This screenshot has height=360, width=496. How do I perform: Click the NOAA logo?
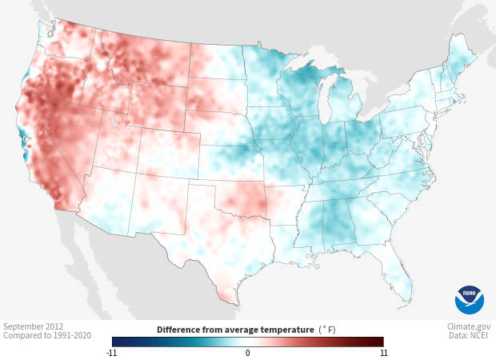pyautogui.click(x=469, y=299)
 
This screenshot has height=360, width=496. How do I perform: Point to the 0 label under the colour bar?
pyautogui.click(x=248, y=353)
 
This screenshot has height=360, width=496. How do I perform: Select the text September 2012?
pyautogui.click(x=34, y=326)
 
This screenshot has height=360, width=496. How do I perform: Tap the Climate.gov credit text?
pyautogui.click(x=469, y=326)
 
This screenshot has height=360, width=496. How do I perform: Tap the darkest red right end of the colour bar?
pyautogui.click(x=382, y=342)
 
